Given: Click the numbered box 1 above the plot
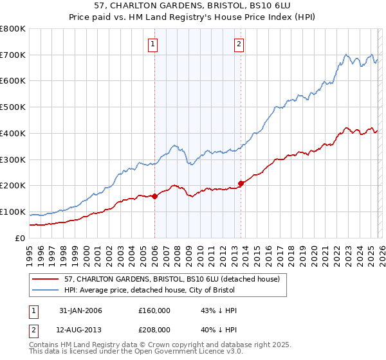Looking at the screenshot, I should (153, 44).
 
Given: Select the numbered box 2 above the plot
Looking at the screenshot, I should (239, 44).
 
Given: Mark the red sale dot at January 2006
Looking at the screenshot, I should (155, 196).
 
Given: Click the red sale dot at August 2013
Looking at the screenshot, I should (241, 184).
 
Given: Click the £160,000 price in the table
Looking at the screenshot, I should (154, 310).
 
